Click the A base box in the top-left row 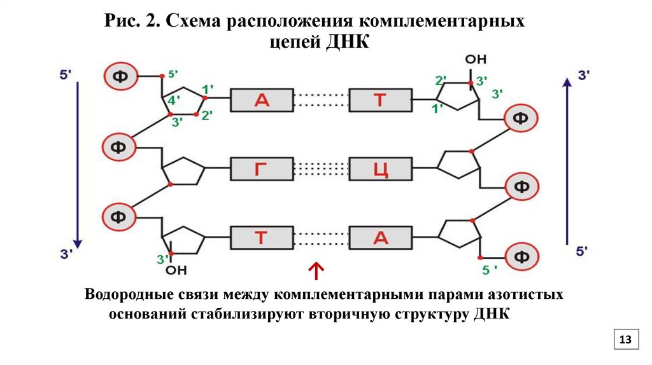coord(262,99)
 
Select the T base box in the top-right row coord(380,99)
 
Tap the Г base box coord(262,170)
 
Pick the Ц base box coord(380,170)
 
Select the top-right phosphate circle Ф coord(521,118)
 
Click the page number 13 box coord(625,340)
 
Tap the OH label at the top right coord(475,60)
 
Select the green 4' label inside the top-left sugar coord(171,100)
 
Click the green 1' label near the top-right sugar coord(437,109)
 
